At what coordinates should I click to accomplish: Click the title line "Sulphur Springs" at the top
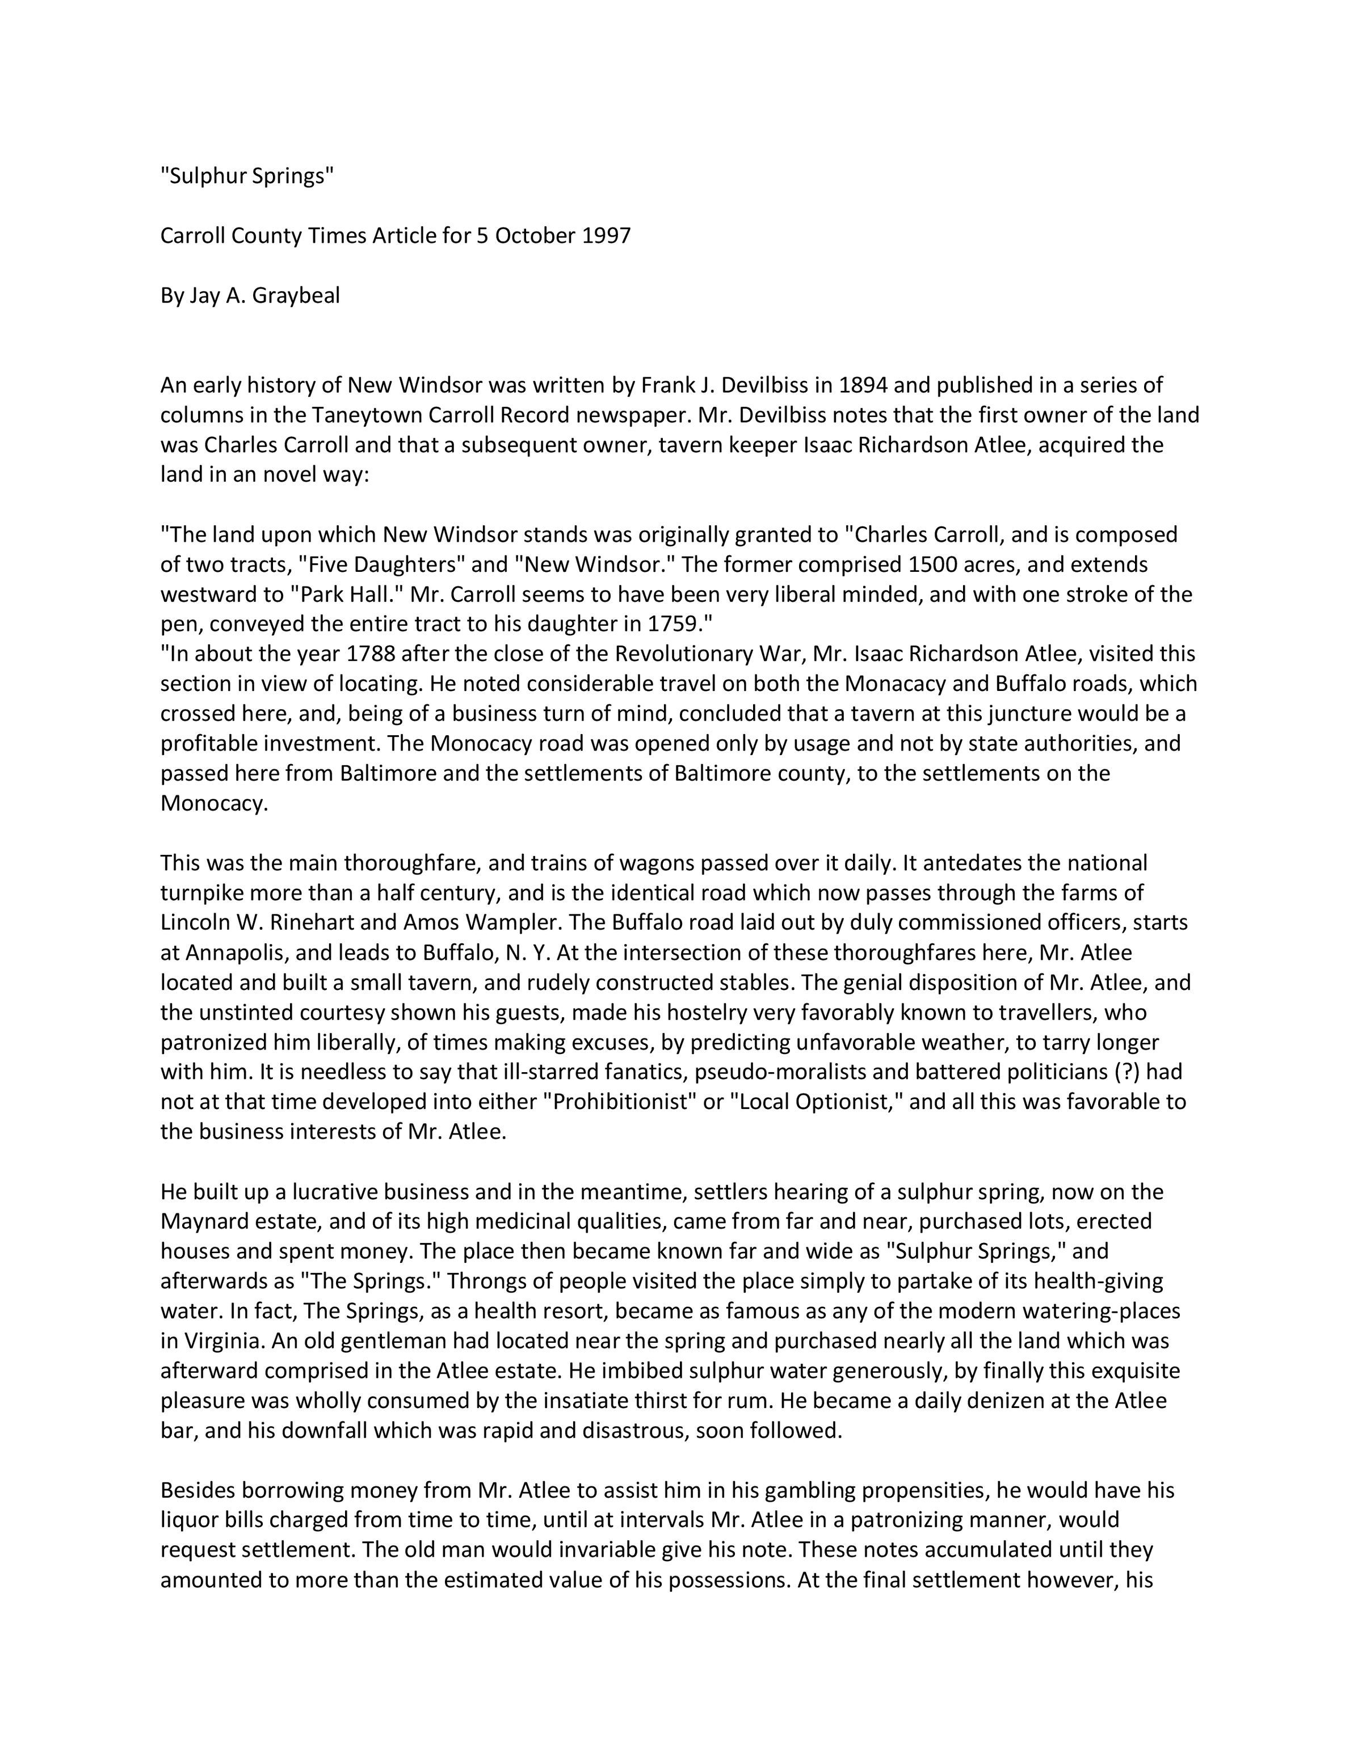(247, 176)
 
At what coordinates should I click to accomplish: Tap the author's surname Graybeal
(296, 296)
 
